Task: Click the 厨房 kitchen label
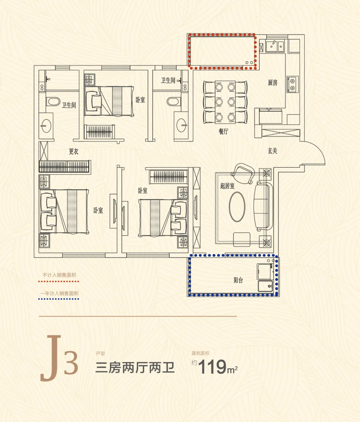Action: (273, 83)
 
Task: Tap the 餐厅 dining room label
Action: (223, 131)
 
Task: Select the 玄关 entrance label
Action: (272, 151)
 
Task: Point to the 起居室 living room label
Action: (227, 186)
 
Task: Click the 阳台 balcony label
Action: (238, 280)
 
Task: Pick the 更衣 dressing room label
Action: (74, 151)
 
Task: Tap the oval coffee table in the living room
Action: (237, 207)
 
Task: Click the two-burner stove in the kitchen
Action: (293, 84)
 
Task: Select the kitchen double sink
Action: (275, 46)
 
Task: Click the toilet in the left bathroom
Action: (53, 101)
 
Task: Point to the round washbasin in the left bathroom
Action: (46, 126)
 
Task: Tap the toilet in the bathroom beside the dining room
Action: (174, 101)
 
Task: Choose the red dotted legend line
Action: (59, 281)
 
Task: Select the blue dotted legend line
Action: (59, 299)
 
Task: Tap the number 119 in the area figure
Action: (212, 367)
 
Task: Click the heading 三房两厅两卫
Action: (135, 368)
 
